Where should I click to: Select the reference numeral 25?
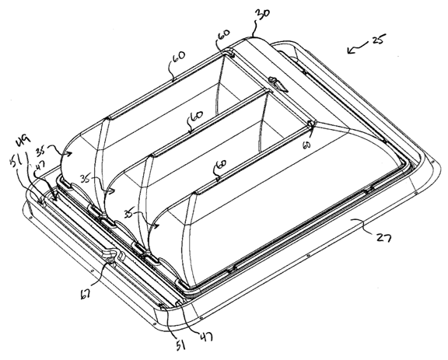pos(379,40)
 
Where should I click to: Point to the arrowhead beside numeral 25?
pos(351,51)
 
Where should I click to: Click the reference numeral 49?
pos(24,141)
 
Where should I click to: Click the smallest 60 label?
pos(306,145)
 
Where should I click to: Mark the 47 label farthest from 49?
pos(206,337)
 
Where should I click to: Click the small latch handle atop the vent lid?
pos(278,83)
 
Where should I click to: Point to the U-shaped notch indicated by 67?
pos(112,254)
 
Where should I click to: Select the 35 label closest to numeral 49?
pos(42,151)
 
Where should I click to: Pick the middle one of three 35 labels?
pos(85,180)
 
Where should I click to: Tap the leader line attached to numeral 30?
pos(254,28)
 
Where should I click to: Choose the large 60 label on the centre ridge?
pos(196,117)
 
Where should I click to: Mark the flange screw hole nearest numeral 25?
pos(432,162)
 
